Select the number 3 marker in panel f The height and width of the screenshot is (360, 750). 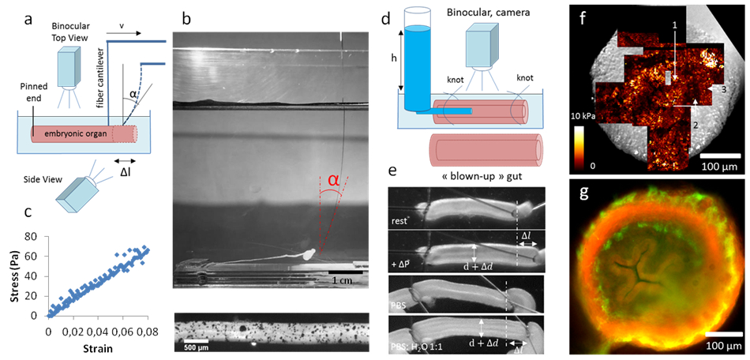click(x=723, y=92)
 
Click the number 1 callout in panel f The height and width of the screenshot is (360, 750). click(x=673, y=26)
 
